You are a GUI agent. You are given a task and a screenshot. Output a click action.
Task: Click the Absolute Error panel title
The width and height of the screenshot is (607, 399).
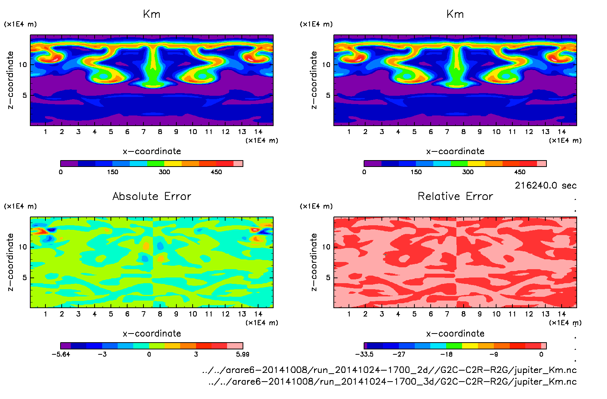[152, 196]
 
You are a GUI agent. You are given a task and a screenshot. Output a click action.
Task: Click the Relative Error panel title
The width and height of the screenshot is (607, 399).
[455, 196]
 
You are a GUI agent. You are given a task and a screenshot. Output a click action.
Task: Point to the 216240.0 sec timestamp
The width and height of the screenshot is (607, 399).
[545, 185]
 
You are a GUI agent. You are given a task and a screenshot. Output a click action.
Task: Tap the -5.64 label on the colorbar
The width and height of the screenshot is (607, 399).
[61, 354]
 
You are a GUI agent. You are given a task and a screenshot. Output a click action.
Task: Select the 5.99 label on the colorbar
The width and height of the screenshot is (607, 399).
[243, 354]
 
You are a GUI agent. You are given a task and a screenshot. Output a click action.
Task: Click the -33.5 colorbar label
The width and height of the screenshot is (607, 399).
[364, 354]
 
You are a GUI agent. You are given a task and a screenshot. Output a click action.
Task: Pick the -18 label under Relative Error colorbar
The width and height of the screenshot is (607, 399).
[447, 354]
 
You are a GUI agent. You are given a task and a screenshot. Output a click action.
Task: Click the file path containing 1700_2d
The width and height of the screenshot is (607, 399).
[389, 370]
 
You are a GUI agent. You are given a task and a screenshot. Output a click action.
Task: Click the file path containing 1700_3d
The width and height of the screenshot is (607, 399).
[392, 382]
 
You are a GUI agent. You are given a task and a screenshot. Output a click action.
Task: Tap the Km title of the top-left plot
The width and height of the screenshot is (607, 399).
[152, 14]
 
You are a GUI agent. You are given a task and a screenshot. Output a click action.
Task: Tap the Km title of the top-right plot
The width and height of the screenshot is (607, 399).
[455, 14]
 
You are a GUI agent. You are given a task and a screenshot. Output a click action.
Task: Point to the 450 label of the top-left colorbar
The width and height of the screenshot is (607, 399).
[216, 172]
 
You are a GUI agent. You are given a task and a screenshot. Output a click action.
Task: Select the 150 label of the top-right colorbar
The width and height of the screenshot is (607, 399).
[416, 172]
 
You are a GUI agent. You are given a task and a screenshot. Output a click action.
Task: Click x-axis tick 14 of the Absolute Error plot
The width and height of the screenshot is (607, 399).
[258, 314]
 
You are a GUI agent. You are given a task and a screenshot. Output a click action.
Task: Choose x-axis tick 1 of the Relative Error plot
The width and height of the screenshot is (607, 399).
[349, 314]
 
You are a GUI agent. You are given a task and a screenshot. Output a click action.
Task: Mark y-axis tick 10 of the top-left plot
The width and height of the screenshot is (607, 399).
[23, 65]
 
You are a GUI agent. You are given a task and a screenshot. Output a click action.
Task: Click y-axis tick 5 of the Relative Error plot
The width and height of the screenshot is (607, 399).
[328, 277]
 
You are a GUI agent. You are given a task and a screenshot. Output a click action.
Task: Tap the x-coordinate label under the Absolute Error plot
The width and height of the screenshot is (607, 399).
[152, 334]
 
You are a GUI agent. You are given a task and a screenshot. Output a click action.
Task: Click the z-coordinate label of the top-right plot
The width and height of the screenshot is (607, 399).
[314, 80]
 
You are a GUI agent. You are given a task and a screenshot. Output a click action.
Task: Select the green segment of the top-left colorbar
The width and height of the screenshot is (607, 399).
[156, 164]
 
